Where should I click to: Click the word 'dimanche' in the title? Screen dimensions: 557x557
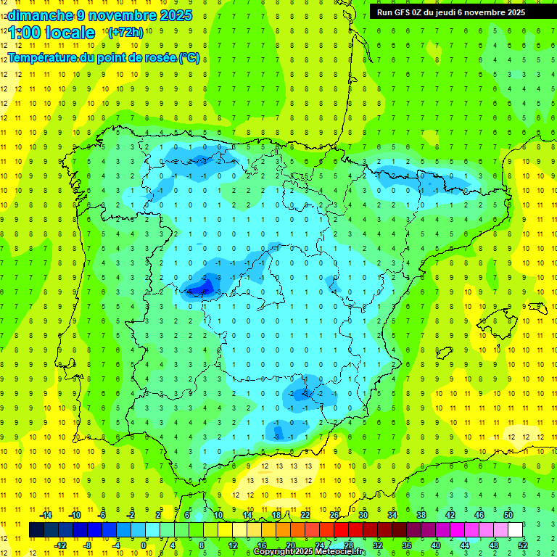(40, 15)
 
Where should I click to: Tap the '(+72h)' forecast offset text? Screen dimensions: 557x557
(125, 33)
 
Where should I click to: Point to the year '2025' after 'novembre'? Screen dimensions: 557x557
(174, 15)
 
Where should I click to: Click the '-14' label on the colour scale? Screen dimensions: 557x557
(46, 515)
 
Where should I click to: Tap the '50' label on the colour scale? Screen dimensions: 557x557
(508, 515)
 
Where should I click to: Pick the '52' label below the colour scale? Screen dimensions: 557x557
(523, 545)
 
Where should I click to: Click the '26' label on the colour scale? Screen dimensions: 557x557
(334, 515)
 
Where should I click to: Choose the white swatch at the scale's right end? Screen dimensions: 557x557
(515, 530)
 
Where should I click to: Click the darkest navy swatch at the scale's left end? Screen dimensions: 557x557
(37, 530)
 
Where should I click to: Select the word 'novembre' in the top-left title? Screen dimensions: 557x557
(125, 15)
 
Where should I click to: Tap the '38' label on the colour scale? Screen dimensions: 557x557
(421, 515)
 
